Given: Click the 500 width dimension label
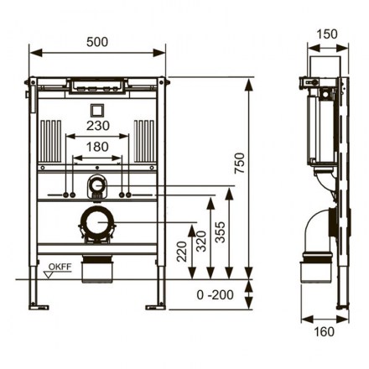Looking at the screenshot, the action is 97,42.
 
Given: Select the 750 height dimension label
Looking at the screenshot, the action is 240,163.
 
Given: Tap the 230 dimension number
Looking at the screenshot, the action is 97,126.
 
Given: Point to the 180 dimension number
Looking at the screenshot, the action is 97,147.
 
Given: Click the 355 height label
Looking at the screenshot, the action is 221,232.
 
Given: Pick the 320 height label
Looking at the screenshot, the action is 201,242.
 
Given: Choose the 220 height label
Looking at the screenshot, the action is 182,252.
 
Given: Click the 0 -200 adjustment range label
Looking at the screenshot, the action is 215,295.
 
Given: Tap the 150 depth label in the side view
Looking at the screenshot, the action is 327,34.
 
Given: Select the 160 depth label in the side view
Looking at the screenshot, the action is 325,332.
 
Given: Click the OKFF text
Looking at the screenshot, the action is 60,267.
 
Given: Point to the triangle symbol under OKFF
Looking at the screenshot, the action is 49,275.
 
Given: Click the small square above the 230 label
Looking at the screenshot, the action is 97,111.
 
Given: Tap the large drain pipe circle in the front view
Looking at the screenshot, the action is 97,222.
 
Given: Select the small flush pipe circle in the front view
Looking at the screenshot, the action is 97,185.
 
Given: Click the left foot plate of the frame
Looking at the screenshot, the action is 39,307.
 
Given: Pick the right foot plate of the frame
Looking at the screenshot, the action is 156,307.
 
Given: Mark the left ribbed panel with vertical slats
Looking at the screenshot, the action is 50,141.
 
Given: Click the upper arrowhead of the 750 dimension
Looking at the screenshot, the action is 248,84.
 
